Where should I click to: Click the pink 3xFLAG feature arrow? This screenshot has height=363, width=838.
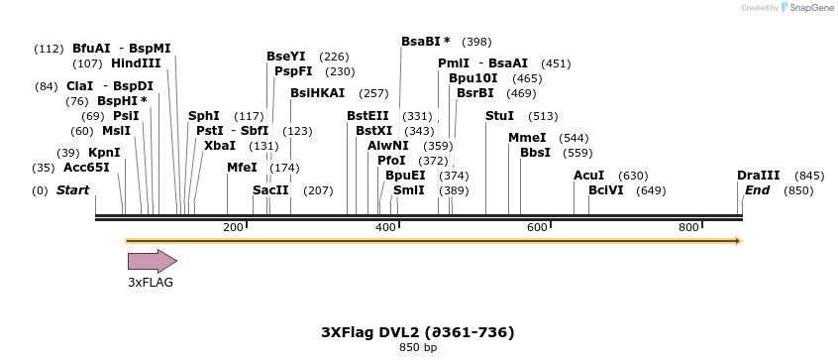pyautogui.click(x=152, y=261)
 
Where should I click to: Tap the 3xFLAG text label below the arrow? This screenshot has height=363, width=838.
pyautogui.click(x=151, y=283)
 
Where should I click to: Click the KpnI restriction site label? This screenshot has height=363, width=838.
pyautogui.click(x=104, y=153)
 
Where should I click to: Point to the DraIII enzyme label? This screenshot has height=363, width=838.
pyautogui.click(x=757, y=176)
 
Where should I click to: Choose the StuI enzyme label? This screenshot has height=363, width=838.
pyautogui.click(x=499, y=116)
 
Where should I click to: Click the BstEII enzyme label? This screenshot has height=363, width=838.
pyautogui.click(x=367, y=116)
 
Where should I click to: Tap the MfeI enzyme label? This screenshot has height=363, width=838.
pyautogui.click(x=242, y=168)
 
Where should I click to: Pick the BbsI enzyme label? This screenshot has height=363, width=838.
pyautogui.click(x=535, y=153)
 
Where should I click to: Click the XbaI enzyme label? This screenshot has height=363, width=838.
pyautogui.click(x=220, y=146)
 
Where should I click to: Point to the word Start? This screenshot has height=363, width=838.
pyautogui.click(x=72, y=190)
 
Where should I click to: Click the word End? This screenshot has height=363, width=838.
pyautogui.click(x=757, y=190)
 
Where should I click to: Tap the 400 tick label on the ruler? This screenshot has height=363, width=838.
pyautogui.click(x=385, y=228)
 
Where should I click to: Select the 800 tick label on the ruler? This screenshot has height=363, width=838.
pyautogui.click(x=689, y=228)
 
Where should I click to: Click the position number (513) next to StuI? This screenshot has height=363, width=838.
pyautogui.click(x=543, y=116)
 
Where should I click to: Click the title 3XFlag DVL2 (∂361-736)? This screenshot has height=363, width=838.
pyautogui.click(x=417, y=332)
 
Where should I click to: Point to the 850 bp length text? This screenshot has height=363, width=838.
pyautogui.click(x=417, y=348)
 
